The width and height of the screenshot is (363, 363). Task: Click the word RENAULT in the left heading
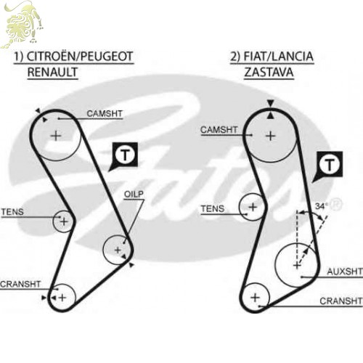point(52,72)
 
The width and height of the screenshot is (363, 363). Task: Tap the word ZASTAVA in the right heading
point(269,72)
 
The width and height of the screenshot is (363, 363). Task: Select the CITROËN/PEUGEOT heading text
point(80,56)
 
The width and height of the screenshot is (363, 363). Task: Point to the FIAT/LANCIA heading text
point(278,56)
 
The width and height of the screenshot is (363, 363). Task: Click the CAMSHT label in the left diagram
point(105,113)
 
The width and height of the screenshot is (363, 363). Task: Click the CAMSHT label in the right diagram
point(219,130)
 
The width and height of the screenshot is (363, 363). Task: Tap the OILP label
point(134,194)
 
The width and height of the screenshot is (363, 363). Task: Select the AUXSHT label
point(345,272)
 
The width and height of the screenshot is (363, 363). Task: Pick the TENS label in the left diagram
point(12,212)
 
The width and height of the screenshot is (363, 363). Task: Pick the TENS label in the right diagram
point(213,208)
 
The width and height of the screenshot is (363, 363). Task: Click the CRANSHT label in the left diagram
point(20,284)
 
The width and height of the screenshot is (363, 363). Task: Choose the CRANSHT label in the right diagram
point(340,301)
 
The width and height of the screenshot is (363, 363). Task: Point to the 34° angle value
point(322,206)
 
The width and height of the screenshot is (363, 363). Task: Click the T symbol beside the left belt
point(125,155)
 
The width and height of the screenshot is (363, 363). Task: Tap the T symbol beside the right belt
point(330,165)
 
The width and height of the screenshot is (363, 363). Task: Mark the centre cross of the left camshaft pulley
point(56,136)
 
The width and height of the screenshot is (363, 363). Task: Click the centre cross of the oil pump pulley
point(118,250)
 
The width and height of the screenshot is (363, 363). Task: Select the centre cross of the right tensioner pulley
point(253,207)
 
